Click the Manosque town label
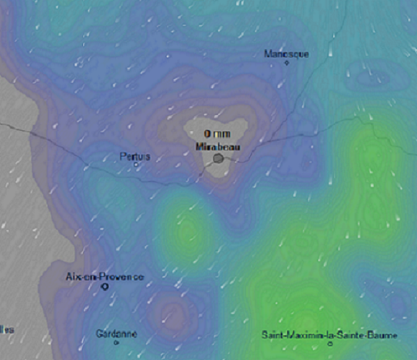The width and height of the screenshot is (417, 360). coord(286,54)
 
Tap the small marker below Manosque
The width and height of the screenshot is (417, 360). coord(287,63)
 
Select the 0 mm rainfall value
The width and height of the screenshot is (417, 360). coord(216,134)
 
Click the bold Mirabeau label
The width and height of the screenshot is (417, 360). coord(216,147)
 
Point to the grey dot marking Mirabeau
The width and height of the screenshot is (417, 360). coord(218,160)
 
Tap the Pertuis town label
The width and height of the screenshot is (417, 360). coord(135,156)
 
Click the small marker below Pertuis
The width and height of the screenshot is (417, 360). coord(136,165)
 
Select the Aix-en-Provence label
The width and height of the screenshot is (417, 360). coord(104,277)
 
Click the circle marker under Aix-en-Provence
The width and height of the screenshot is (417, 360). coord(105,287)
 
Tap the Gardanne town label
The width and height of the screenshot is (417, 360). coord(116,333)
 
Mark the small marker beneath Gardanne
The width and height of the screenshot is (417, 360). coord(116,343)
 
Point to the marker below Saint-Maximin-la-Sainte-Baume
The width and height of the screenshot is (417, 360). coord(330,344)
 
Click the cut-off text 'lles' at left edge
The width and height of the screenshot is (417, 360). coord(6,330)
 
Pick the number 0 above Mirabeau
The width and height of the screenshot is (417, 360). coord(207,134)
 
